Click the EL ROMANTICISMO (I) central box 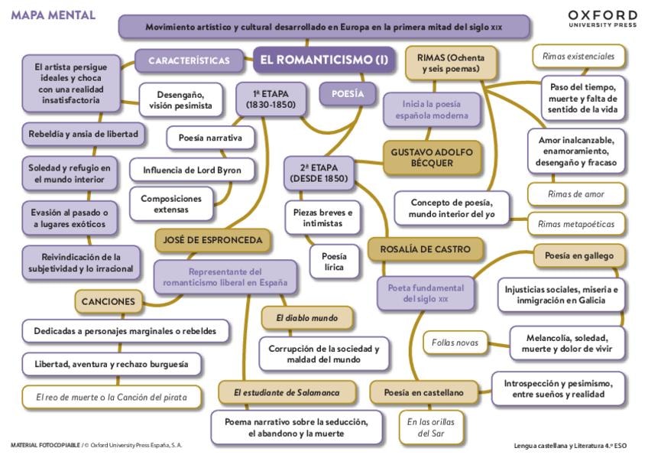324,59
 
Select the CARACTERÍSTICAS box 189,60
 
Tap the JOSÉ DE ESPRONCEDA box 213,240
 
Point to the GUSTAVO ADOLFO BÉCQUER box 432,158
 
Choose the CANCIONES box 109,301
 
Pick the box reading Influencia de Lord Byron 186,170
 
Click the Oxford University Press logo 602,18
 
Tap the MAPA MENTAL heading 53,15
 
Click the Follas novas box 455,343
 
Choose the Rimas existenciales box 578,56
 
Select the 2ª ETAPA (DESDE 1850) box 319,173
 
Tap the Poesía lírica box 333,261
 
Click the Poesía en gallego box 578,255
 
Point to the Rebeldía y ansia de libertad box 83,134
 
